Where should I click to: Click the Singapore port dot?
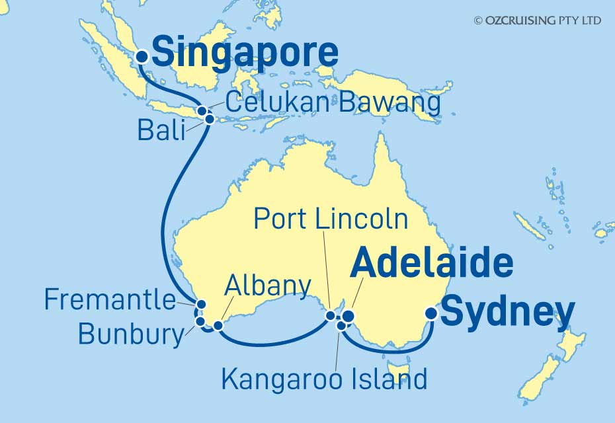141,58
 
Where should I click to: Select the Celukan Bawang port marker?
201,111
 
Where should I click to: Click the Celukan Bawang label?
332,103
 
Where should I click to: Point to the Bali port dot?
210,119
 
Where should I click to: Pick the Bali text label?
161,130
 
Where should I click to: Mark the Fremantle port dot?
201,305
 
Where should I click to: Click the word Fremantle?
110,301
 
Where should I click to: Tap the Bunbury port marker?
200,321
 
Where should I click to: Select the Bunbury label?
130,334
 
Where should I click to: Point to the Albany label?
268,286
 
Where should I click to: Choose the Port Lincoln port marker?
331,315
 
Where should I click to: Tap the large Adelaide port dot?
348,316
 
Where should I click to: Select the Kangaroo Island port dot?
341,325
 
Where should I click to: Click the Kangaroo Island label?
324,379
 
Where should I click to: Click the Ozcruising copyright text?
537,20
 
